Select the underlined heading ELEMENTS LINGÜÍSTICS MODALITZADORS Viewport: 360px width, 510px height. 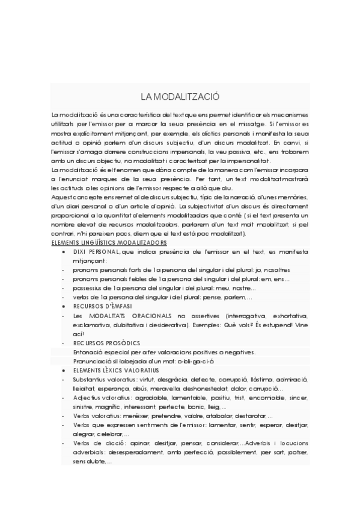tap(101, 242)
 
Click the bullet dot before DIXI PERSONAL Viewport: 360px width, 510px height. tap(64, 252)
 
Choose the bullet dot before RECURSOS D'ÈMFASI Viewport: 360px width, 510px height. tap(64, 306)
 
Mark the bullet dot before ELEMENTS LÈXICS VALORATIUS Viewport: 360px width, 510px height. tap(64, 370)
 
